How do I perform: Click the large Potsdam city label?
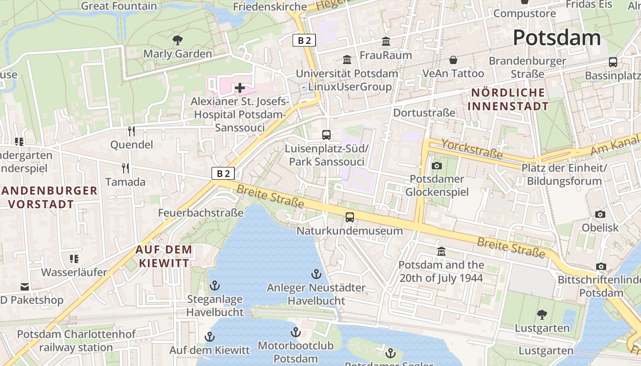pos(557,38)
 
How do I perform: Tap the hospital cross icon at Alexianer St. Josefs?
pos(239,87)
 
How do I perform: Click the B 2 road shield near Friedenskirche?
pos(304,40)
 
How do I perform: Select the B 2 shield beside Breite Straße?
pos(223,173)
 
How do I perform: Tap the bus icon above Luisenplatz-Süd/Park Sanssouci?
pos(326,135)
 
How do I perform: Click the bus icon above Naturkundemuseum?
pos(350,217)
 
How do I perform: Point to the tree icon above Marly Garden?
pos(178,40)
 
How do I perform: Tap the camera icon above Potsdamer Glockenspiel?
pos(437,166)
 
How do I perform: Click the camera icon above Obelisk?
pos(600,214)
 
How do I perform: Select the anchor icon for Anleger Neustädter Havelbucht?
pos(316,274)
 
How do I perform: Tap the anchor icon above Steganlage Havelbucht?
pos(215,286)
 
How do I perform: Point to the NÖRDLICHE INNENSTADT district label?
pos(508,99)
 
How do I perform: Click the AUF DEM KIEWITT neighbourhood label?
pos(164,256)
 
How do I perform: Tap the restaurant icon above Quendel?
pos(131,131)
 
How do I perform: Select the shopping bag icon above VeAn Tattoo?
pos(453,60)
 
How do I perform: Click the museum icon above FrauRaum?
pos(386,42)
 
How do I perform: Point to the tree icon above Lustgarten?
pos(542,314)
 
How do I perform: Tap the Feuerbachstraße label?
pos(201,213)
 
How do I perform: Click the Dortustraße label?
pos(424,113)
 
